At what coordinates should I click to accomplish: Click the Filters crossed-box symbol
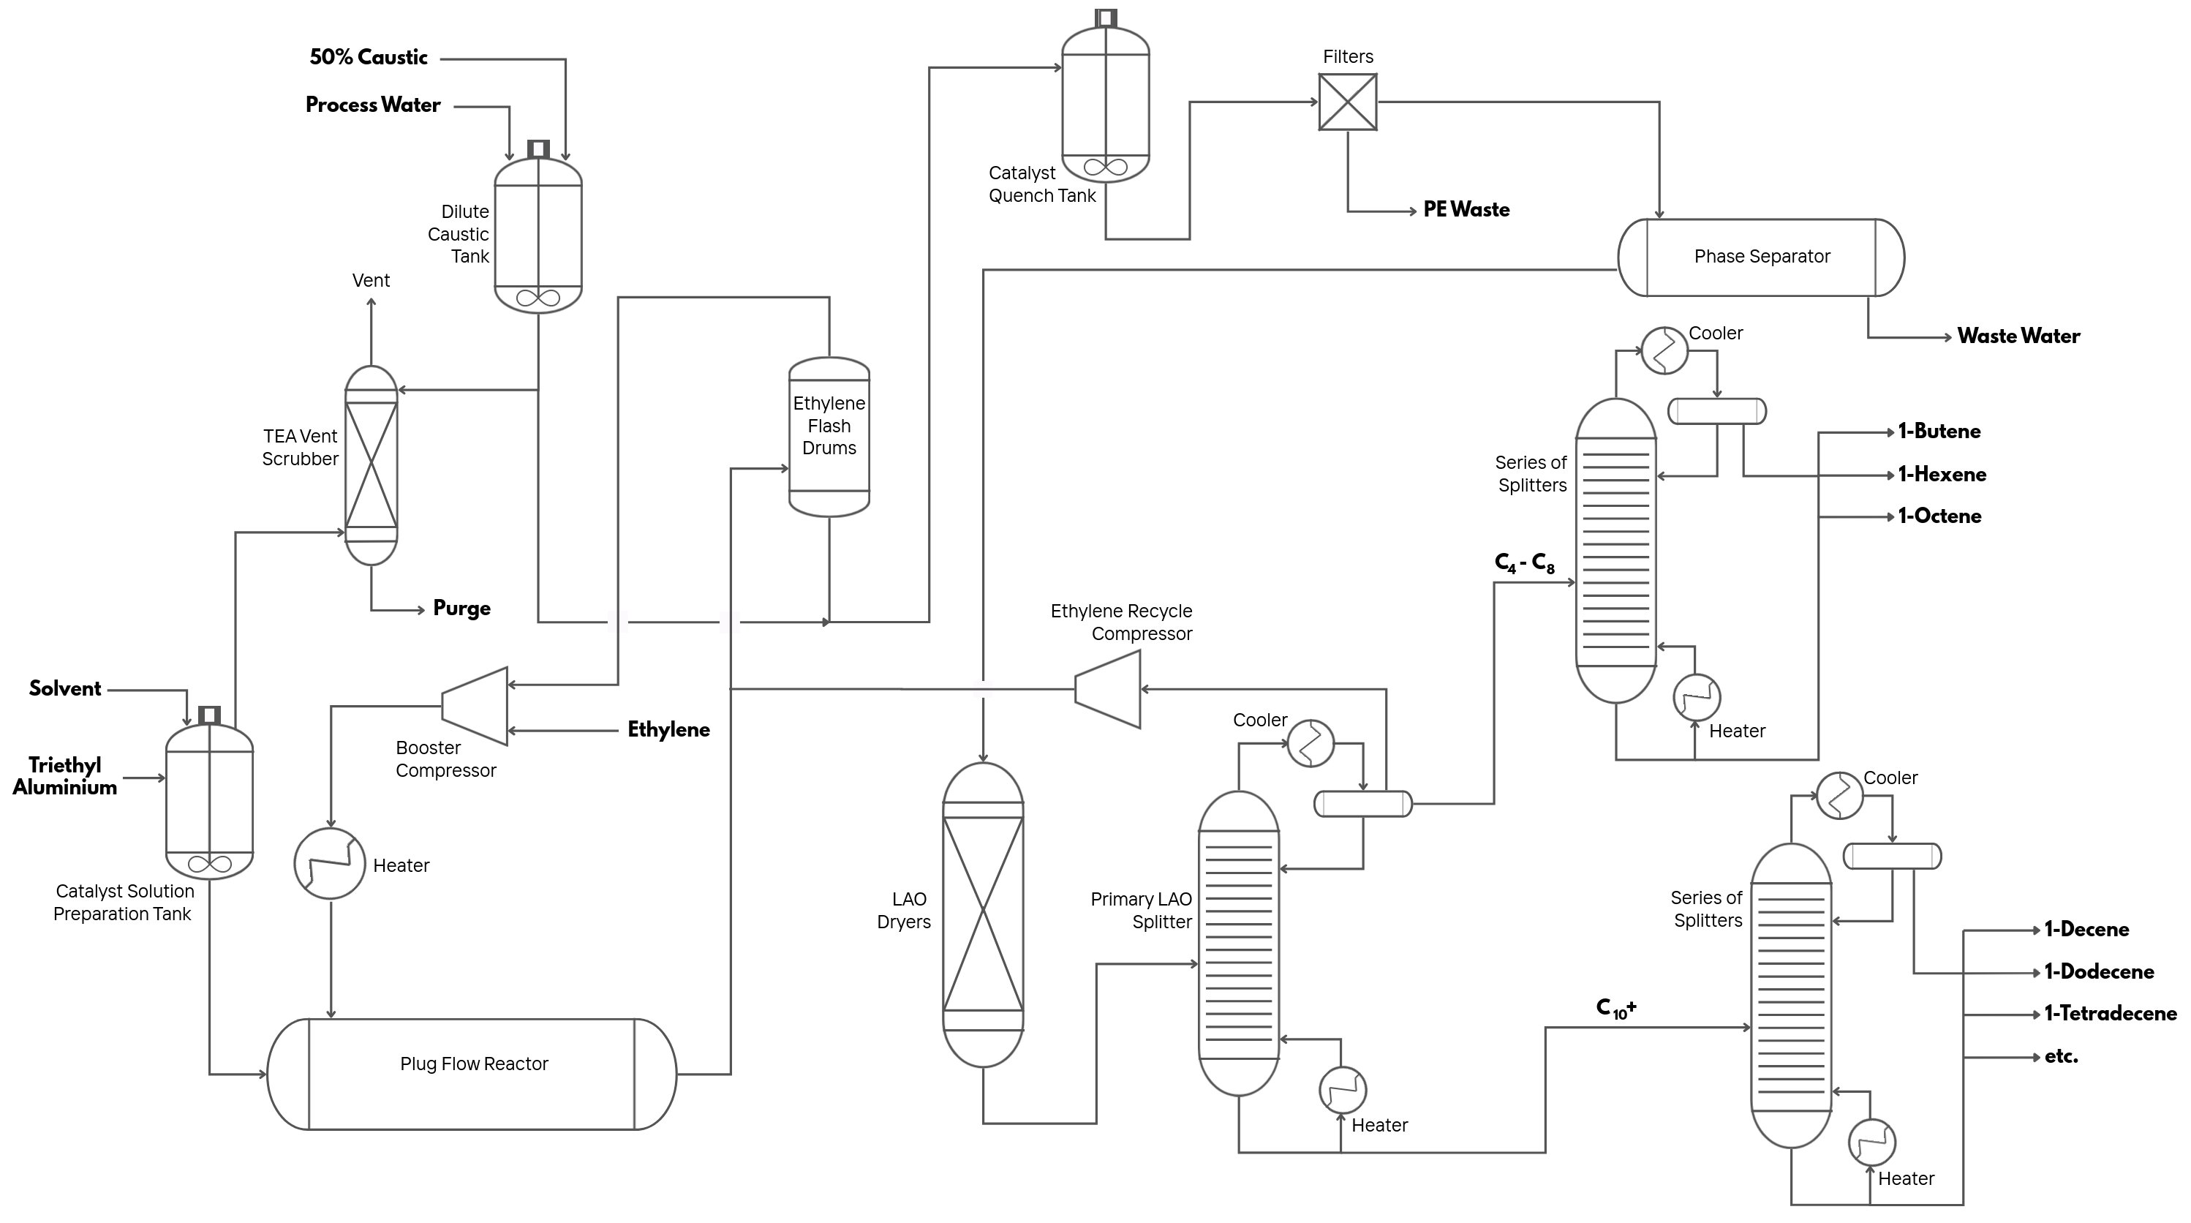point(1347,102)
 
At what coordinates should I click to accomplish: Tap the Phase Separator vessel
point(1761,257)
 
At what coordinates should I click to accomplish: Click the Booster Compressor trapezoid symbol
point(475,706)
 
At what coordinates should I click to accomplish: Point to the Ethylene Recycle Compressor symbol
point(1107,689)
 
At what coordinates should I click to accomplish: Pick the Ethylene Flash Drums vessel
point(829,436)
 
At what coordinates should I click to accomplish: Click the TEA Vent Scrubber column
point(371,465)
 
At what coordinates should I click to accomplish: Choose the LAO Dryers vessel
point(982,914)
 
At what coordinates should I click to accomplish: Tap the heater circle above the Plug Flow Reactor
point(330,863)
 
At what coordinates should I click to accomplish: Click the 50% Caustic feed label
point(369,58)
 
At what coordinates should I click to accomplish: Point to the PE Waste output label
point(1466,210)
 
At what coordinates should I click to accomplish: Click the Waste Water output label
point(2018,336)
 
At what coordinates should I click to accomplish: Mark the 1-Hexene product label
point(1942,475)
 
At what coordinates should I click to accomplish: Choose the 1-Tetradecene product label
point(2109,1014)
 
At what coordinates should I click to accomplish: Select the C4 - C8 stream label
point(1524,563)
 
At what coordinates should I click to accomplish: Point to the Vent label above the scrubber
point(371,281)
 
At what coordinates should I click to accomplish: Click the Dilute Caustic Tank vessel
point(538,235)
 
